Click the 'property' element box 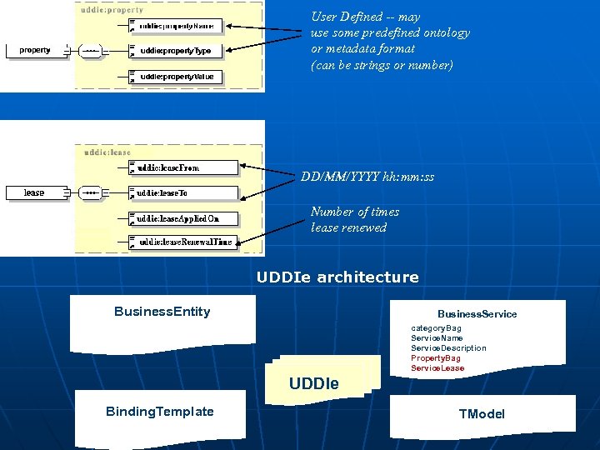pyautogui.click(x=35, y=50)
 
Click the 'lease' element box pyautogui.click(x=34, y=192)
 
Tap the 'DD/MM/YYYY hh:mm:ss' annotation pyautogui.click(x=367, y=177)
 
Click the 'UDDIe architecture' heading pyautogui.click(x=337, y=277)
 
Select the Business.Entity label pyautogui.click(x=162, y=312)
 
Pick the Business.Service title pyautogui.click(x=477, y=314)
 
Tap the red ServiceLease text pyautogui.click(x=437, y=368)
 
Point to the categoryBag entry pyautogui.click(x=436, y=328)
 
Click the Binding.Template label pyautogui.click(x=159, y=412)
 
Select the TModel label pyautogui.click(x=482, y=414)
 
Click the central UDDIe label pyautogui.click(x=313, y=384)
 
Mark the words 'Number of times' pyautogui.click(x=355, y=212)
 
